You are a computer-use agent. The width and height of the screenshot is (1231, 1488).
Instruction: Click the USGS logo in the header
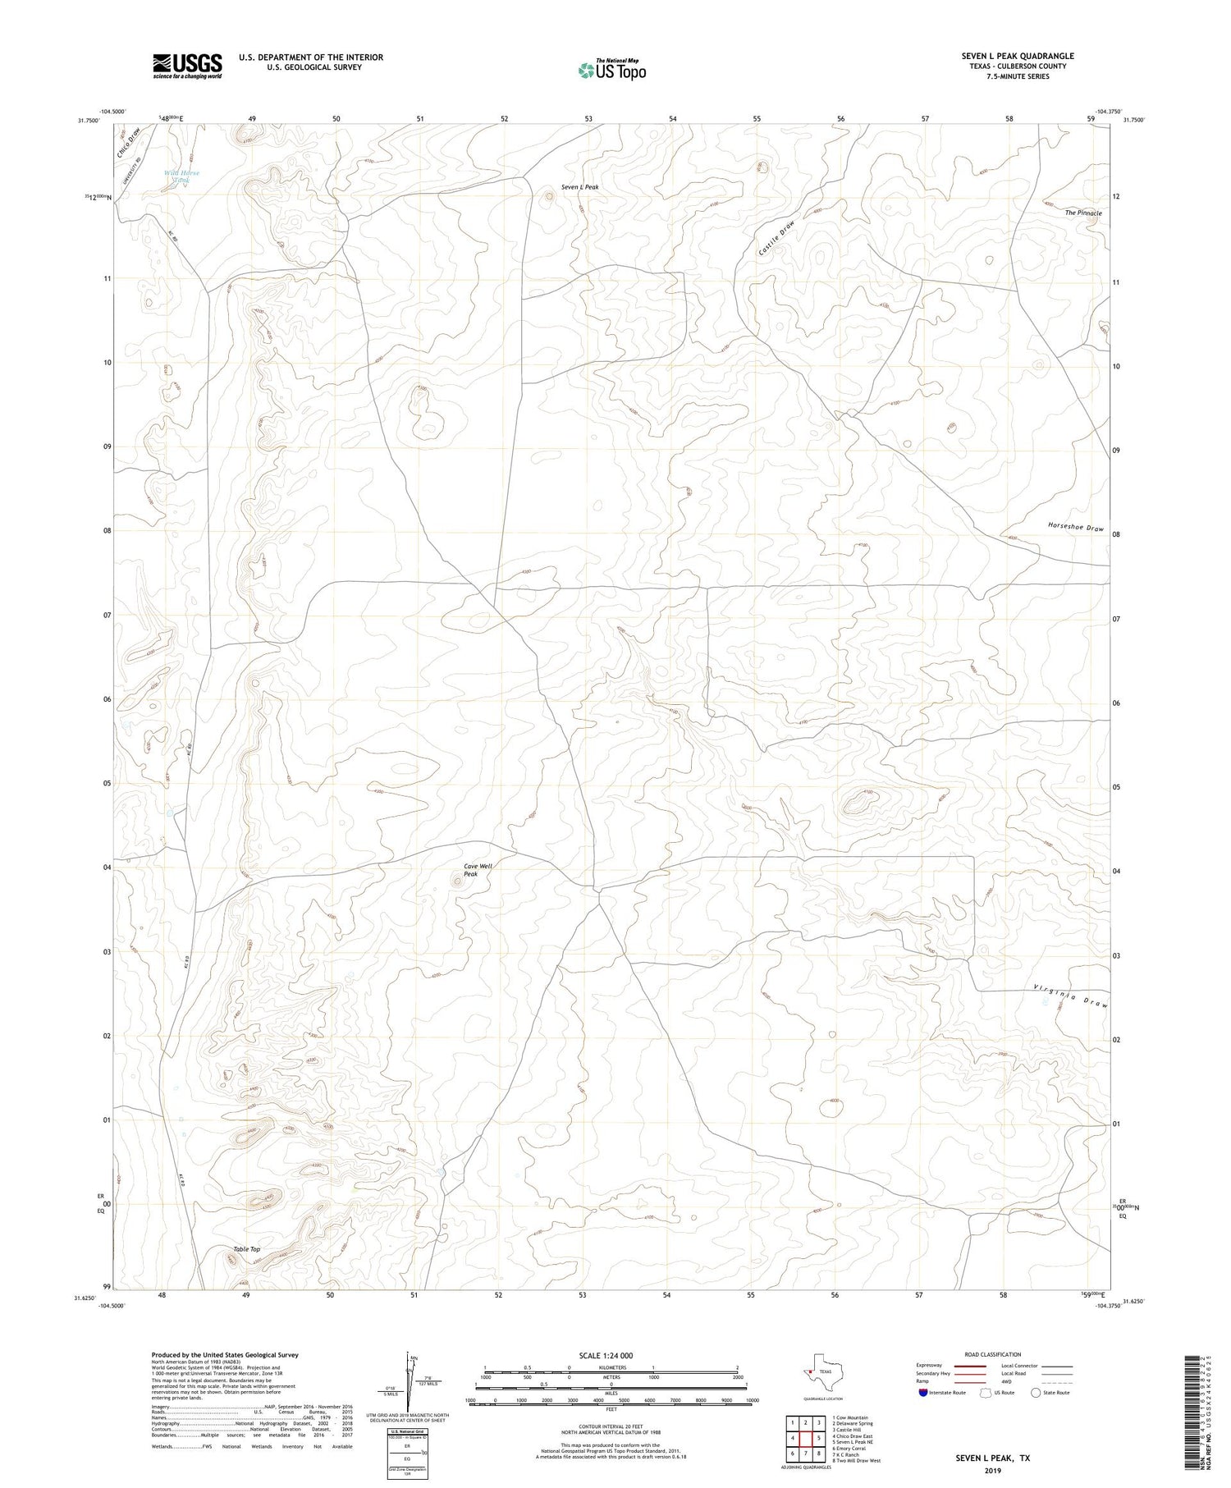(x=187, y=66)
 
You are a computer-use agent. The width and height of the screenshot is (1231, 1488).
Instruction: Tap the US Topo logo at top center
(x=611, y=71)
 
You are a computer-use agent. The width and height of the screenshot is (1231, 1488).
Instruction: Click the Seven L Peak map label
(x=579, y=187)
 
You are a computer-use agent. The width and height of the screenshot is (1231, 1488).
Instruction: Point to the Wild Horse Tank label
(x=181, y=176)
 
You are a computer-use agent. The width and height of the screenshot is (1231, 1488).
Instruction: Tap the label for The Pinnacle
(x=1082, y=213)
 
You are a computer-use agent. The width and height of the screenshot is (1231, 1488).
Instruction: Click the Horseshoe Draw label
(x=1075, y=527)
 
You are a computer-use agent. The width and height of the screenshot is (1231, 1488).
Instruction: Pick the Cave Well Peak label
(x=478, y=870)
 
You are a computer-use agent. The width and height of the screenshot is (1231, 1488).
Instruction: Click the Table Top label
(x=246, y=1249)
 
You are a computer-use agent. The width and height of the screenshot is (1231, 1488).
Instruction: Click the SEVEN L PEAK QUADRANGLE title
(x=1018, y=56)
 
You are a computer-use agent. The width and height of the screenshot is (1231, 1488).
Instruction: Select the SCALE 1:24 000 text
(x=606, y=1355)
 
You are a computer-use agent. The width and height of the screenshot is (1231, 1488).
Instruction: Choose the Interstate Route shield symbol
(x=923, y=1393)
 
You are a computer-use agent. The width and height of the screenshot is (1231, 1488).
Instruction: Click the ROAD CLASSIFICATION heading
(x=992, y=1354)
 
